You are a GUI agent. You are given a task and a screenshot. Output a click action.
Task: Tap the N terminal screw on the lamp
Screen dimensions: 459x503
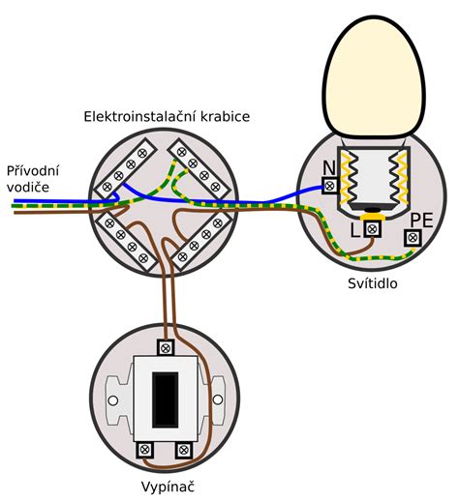click(x=330, y=186)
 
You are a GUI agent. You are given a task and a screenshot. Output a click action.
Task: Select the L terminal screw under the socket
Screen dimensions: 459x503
click(x=372, y=229)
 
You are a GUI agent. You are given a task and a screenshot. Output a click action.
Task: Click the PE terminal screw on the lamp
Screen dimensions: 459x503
click(x=413, y=238)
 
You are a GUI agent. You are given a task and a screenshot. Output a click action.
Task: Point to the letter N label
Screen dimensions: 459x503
click(x=329, y=168)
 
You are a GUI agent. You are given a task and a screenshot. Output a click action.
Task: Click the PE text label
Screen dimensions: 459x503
click(x=421, y=221)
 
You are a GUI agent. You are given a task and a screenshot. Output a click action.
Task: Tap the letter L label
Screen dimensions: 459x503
click(x=355, y=230)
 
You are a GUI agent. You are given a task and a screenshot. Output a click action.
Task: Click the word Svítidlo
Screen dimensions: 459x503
click(x=373, y=283)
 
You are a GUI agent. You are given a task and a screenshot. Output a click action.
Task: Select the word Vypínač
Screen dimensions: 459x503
click(x=168, y=488)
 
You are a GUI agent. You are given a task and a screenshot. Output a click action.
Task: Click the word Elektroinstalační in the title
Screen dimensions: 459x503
click(x=139, y=116)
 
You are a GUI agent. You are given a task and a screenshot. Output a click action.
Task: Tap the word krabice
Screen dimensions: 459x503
click(x=226, y=116)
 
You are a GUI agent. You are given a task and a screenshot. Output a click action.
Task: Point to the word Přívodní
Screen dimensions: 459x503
click(x=33, y=170)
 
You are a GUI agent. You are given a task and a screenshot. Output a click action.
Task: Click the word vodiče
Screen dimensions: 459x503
click(x=28, y=188)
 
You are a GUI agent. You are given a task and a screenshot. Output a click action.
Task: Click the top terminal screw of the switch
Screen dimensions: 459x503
click(x=166, y=348)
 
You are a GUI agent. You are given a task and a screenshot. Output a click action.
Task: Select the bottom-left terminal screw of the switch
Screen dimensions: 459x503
click(x=144, y=450)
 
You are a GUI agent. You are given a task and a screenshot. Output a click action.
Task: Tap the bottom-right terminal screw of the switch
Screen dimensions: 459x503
click(x=184, y=450)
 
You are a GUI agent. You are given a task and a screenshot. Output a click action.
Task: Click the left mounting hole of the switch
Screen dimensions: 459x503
click(x=113, y=400)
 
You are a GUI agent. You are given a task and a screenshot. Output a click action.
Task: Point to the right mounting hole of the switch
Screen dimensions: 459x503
click(x=218, y=399)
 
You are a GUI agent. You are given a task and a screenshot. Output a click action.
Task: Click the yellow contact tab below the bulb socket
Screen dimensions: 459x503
click(x=372, y=217)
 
